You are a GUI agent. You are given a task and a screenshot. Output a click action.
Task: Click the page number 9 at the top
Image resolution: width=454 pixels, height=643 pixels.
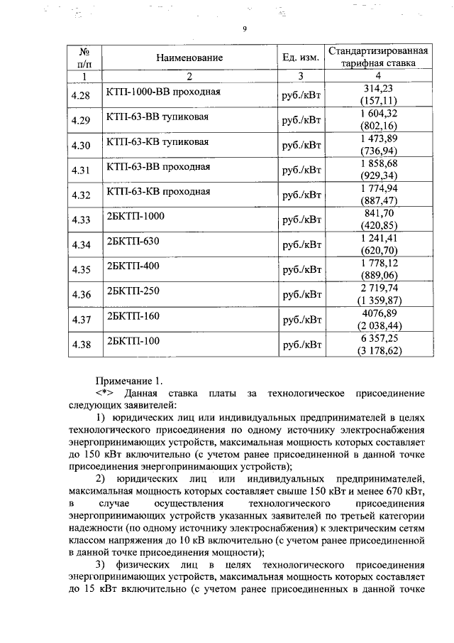[x=244, y=29]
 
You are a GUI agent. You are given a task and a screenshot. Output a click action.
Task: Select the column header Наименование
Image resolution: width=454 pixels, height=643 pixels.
[x=189, y=58]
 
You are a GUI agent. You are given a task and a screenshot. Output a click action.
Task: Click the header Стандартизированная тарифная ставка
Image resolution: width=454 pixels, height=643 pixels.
[x=378, y=57]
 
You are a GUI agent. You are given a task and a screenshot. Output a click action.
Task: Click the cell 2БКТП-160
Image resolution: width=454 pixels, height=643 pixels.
[x=132, y=315]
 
